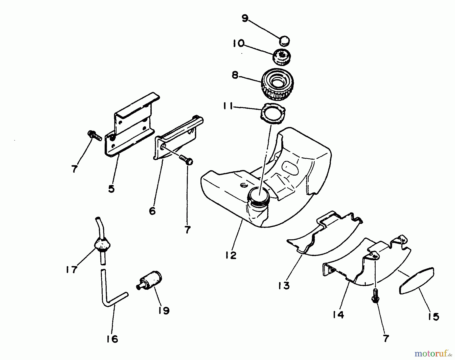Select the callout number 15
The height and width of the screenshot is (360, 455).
pos(434,316)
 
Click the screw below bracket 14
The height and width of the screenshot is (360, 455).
pos(376,296)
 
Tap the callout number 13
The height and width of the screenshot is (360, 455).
pos(284,286)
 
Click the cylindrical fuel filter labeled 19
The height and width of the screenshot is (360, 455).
pos(151,280)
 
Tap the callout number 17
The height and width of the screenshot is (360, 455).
pos(71,269)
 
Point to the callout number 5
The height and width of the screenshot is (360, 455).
pos(111,189)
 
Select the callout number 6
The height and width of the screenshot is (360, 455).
pos(152,210)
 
